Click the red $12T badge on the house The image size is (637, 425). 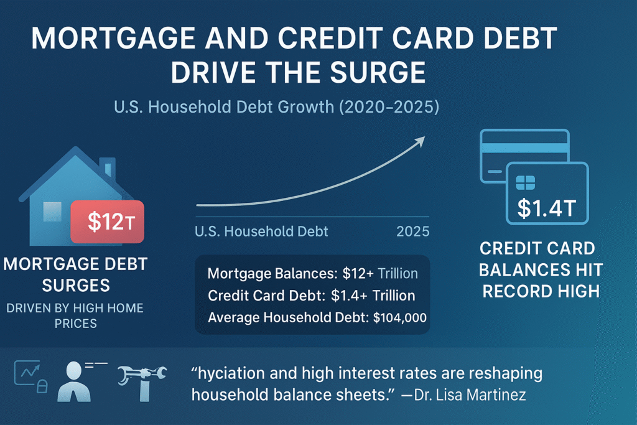[x=108, y=222]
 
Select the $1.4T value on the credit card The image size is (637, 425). [x=547, y=207]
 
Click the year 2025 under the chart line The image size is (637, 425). [x=412, y=231]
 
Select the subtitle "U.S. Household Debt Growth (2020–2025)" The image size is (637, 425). [x=277, y=107]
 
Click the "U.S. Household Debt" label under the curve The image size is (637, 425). [x=261, y=231]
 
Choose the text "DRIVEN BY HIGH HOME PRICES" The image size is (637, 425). [x=75, y=315]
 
